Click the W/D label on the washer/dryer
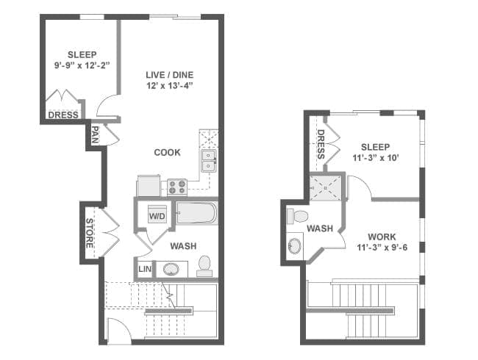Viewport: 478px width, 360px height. click(157, 216)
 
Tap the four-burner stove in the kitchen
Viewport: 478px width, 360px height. click(177, 187)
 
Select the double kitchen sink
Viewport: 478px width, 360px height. click(209, 160)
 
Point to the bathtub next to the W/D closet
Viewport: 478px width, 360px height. click(196, 213)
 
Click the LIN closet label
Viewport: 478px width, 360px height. click(145, 269)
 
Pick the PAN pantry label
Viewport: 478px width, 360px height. click(95, 135)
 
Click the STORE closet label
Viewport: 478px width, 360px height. click(89, 233)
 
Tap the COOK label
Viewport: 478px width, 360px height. click(167, 152)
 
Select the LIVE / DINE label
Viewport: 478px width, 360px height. click(169, 75)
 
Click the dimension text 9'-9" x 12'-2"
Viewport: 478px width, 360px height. click(82, 65)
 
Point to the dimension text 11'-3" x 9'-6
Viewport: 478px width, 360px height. click(382, 248)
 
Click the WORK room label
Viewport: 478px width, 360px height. click(382, 237)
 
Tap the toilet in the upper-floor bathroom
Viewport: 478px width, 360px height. click(297, 216)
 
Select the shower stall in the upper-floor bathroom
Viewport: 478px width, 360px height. click(326, 187)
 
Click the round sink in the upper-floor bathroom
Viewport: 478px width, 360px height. click(295, 245)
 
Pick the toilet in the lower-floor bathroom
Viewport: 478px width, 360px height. click(204, 266)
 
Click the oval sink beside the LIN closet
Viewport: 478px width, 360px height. click(171, 269)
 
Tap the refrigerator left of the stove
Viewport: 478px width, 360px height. click(149, 185)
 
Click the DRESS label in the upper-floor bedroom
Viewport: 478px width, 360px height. click(321, 144)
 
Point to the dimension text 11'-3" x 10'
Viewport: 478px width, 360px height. click(376, 158)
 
